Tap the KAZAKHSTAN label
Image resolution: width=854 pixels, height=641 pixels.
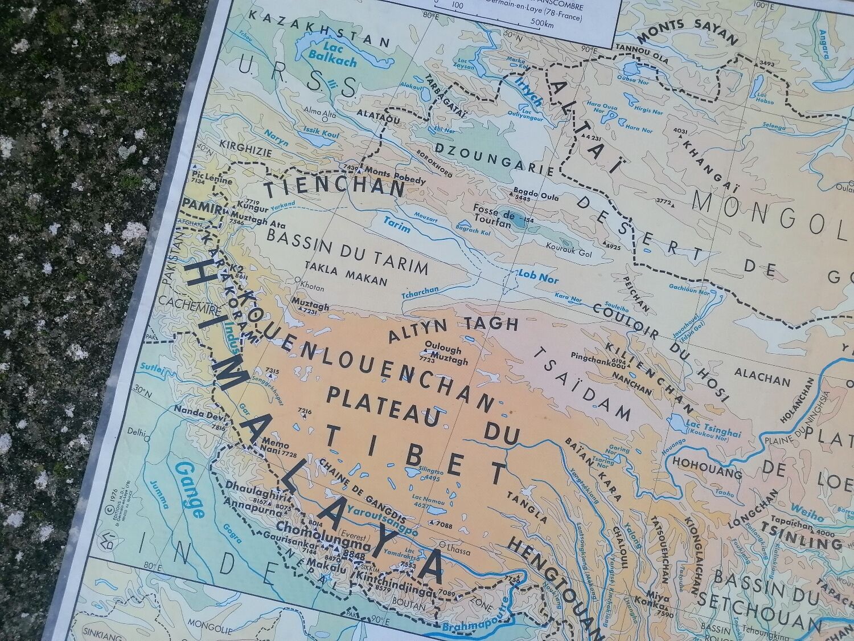pos(319,27)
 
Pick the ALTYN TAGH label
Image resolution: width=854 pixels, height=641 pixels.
pos(453,328)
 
